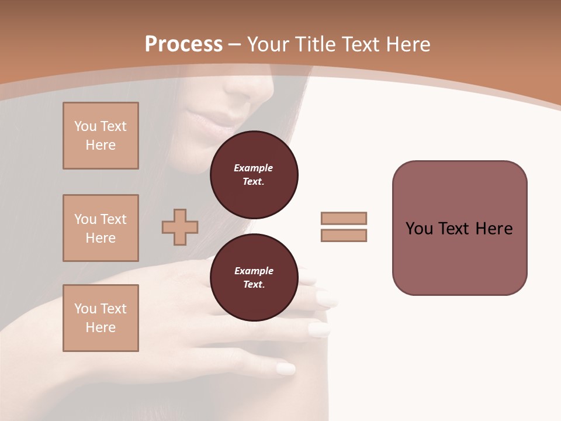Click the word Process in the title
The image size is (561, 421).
click(183, 44)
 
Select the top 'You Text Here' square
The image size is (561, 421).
click(101, 136)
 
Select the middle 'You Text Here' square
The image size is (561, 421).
click(101, 228)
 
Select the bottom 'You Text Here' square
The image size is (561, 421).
click(101, 318)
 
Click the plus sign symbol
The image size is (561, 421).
click(180, 227)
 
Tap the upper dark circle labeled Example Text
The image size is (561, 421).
click(254, 175)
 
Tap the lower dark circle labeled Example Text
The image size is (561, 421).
click(254, 278)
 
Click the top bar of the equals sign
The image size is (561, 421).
click(344, 218)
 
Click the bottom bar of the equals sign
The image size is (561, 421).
click(344, 235)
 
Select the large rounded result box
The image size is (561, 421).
click(459, 228)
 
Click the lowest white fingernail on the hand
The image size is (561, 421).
click(286, 369)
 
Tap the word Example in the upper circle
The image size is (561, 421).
click(254, 168)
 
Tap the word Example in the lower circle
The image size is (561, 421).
click(254, 271)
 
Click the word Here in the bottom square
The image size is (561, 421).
click(101, 327)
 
